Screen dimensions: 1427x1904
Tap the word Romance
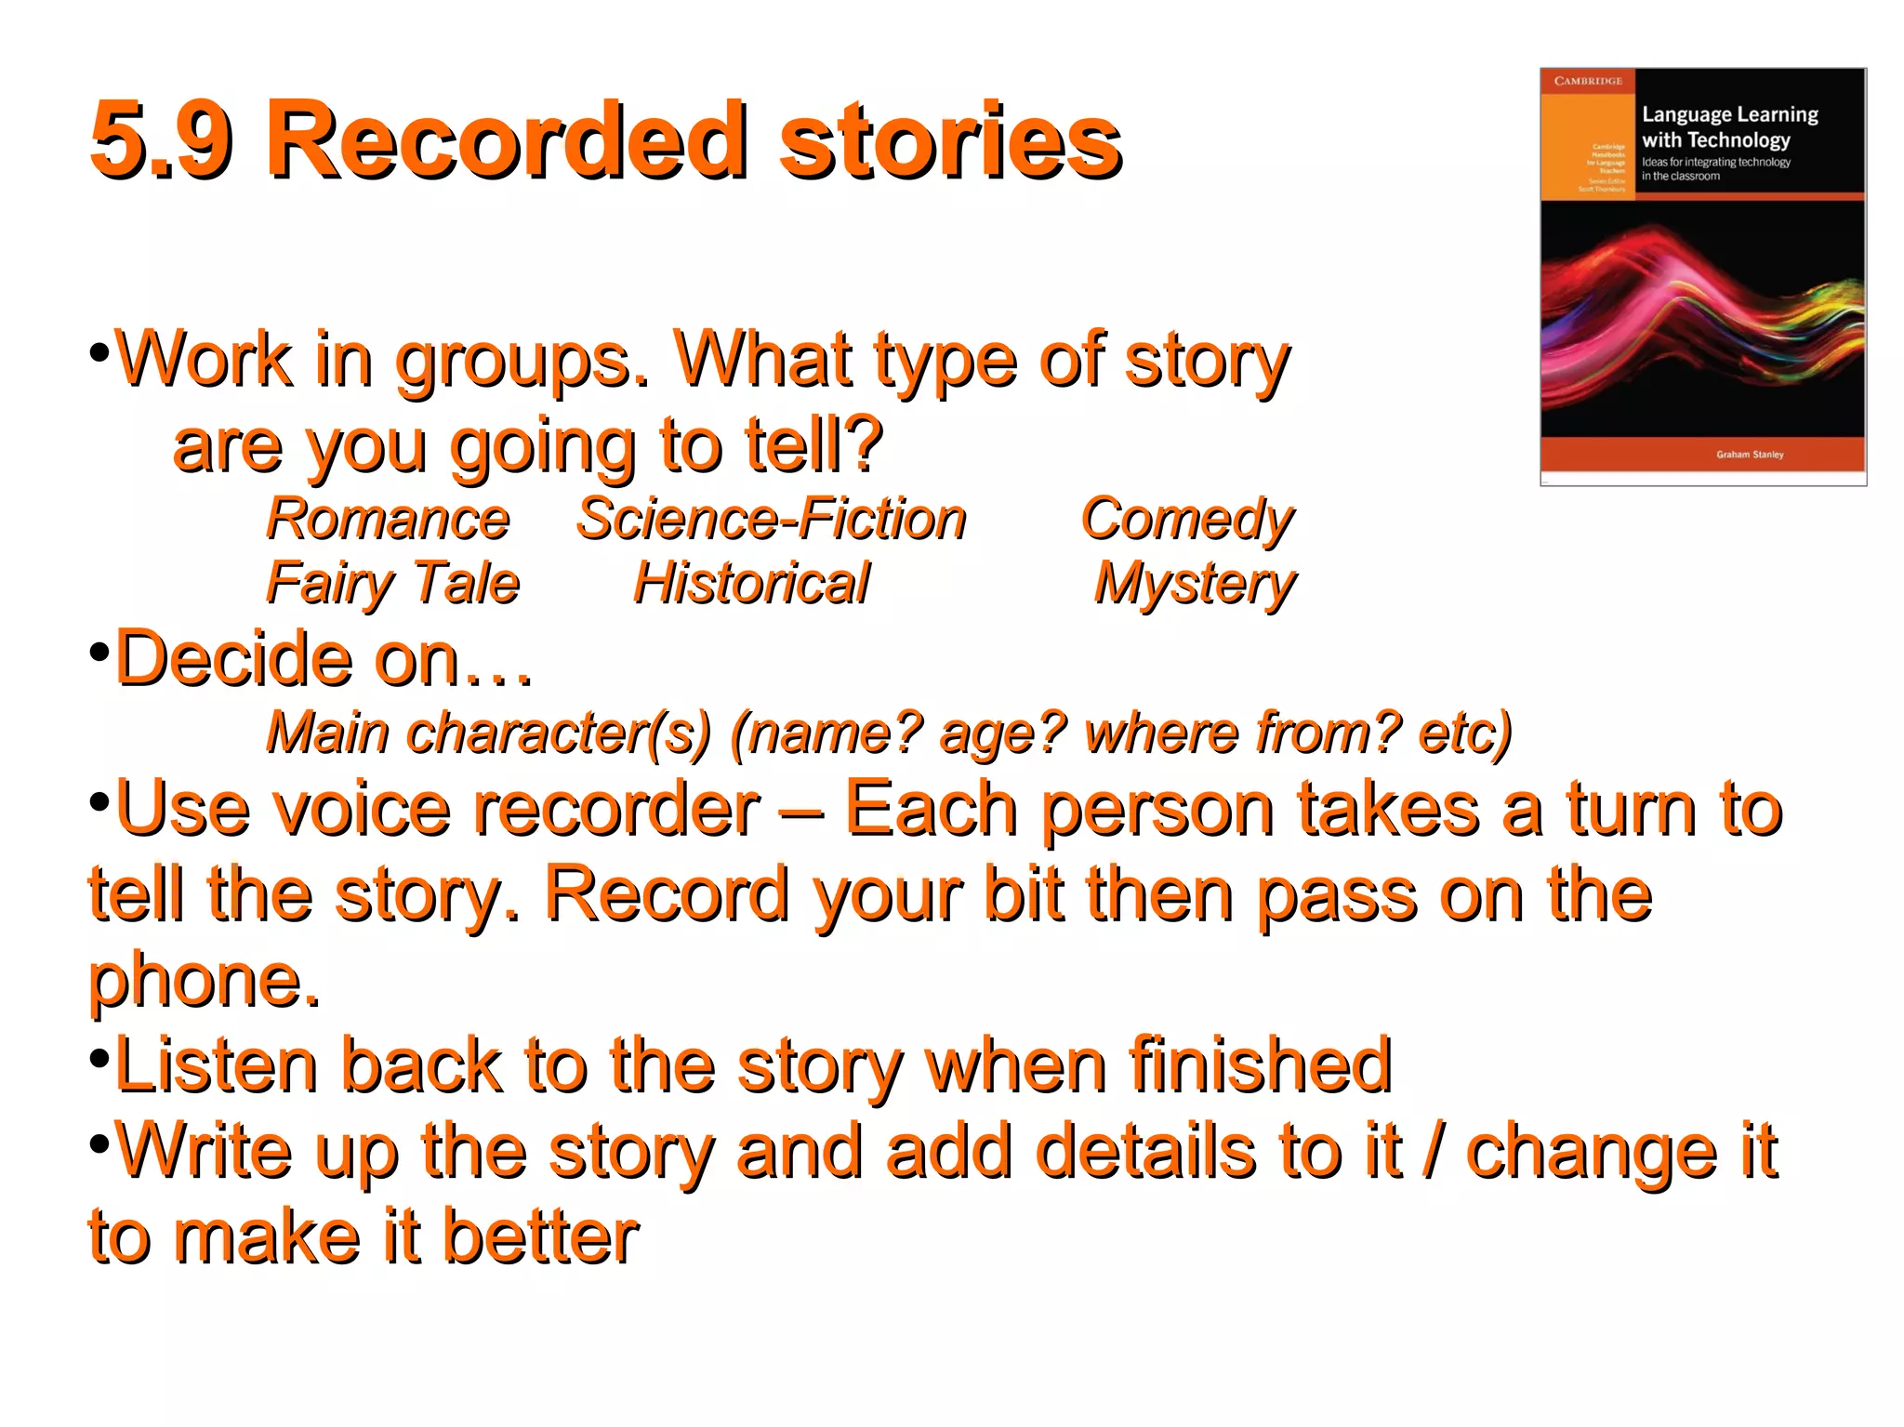click(388, 519)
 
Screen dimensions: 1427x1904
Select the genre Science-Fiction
click(771, 519)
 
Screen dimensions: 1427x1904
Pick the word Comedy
click(1187, 521)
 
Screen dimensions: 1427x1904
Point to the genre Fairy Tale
click(392, 584)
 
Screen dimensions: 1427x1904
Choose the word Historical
click(751, 584)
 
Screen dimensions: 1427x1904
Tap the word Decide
click(232, 658)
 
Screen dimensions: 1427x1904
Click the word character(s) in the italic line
click(558, 733)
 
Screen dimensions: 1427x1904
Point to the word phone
click(203, 981)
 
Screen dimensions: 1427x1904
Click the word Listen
click(214, 1065)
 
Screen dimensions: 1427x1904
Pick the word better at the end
click(540, 1236)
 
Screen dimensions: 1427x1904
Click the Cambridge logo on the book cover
click(1587, 81)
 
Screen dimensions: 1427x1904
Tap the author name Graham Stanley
click(1750, 455)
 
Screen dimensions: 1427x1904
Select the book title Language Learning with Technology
click(1728, 127)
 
